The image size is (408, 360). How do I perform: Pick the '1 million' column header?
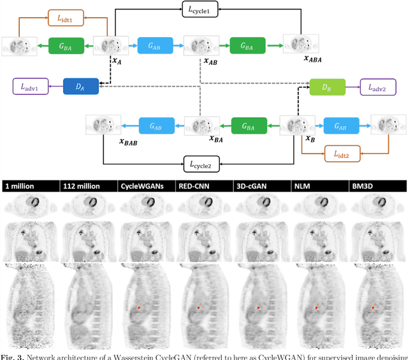[22, 186]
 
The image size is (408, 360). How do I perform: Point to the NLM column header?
[303, 186]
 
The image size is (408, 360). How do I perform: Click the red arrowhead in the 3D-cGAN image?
[258, 308]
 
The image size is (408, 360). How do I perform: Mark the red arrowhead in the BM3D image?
[374, 308]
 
